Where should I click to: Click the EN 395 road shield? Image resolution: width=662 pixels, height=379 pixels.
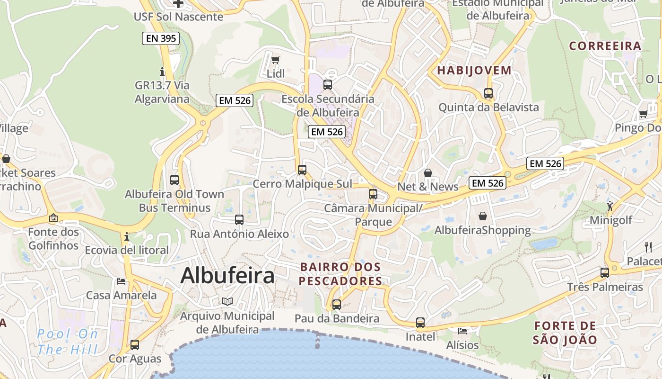[x=161, y=38]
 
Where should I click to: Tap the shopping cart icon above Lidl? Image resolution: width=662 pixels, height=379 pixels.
[x=276, y=60]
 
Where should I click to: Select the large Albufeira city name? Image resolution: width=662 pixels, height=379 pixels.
[x=227, y=275]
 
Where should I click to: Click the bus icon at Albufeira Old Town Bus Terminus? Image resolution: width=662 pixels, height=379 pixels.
[x=174, y=180]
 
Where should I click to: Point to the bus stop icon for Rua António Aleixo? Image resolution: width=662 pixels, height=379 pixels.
[x=239, y=220]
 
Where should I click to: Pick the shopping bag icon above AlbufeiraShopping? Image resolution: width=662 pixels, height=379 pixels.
[x=483, y=216]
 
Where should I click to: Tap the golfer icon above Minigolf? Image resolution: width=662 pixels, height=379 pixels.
[x=610, y=206]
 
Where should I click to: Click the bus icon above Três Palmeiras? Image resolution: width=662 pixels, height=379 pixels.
[x=605, y=273]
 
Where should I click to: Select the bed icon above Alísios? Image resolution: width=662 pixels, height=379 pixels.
[x=462, y=331]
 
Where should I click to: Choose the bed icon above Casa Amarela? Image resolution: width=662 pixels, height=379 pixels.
[x=121, y=281]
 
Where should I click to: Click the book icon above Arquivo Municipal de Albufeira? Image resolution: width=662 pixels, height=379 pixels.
[x=227, y=301]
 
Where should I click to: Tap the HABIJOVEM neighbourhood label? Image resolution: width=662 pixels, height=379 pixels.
[x=474, y=71]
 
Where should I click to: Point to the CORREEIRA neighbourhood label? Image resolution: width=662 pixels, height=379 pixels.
[x=605, y=46]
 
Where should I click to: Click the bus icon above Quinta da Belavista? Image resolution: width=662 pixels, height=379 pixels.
[x=488, y=93]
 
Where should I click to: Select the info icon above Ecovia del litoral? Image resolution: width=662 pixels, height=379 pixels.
[x=126, y=236]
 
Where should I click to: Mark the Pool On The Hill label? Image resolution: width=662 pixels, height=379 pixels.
[x=67, y=342]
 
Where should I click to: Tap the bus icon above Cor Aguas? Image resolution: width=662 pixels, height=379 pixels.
[x=135, y=345]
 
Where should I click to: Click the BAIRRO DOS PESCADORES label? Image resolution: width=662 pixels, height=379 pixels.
[x=340, y=274]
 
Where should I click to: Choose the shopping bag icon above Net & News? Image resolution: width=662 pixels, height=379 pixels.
[x=428, y=173]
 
